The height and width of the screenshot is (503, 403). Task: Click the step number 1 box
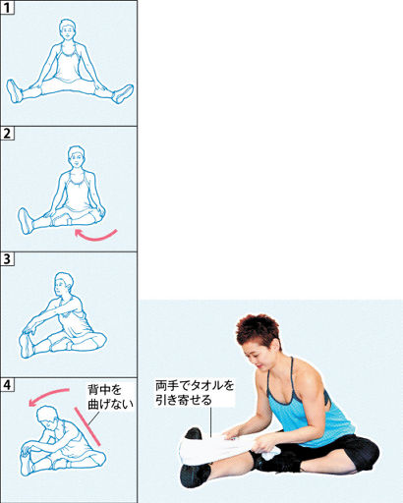coord(7,8)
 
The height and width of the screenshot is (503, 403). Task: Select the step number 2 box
coord(7,134)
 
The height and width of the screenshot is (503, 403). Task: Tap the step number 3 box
coord(7,259)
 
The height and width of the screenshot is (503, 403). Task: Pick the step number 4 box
coord(7,385)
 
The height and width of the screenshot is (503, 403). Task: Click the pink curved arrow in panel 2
coord(95,237)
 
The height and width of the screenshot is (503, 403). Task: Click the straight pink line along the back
coord(87,426)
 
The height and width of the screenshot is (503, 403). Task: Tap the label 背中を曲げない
coord(110,397)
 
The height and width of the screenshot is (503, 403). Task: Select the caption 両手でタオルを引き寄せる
coord(195,393)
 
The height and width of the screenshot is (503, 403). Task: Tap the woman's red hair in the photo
coord(258,331)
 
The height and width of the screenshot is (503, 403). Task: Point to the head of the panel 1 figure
coord(68,30)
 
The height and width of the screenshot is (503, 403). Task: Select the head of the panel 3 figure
coord(63,285)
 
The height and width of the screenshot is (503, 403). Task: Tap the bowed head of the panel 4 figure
coord(48,418)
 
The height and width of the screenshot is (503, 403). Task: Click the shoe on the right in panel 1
coord(123,93)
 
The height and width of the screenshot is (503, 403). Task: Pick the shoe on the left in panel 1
coord(15,91)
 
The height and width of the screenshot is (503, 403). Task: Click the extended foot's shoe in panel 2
coord(25,221)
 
